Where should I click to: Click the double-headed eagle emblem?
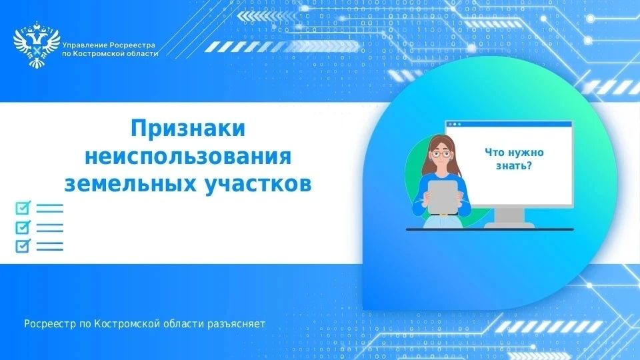(x=36, y=45)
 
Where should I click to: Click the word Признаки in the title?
(x=188, y=128)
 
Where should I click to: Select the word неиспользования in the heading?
(x=188, y=156)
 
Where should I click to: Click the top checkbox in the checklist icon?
(x=23, y=208)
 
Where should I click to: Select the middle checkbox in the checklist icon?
(x=23, y=227)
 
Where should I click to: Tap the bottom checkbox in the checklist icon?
(x=23, y=246)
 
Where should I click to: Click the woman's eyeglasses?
(x=441, y=154)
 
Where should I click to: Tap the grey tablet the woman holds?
(x=443, y=197)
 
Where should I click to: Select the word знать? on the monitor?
(x=514, y=166)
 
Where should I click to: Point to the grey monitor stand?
(x=509, y=218)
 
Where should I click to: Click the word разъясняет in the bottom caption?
(x=236, y=324)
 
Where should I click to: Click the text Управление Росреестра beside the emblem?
(x=109, y=45)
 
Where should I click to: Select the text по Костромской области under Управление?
(x=110, y=54)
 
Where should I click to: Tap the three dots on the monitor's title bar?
(x=455, y=124)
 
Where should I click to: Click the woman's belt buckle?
(x=443, y=215)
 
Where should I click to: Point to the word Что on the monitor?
(x=495, y=153)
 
